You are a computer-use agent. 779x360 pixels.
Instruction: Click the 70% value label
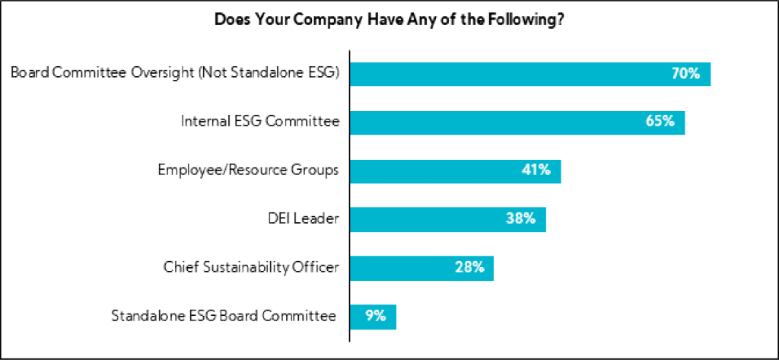(x=685, y=74)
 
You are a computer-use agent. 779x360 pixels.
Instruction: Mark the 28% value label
(x=469, y=267)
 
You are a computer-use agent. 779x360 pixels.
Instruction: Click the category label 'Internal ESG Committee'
(x=259, y=122)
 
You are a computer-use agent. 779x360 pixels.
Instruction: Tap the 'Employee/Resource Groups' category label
(x=248, y=170)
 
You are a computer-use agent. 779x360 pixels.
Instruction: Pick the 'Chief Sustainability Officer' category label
(x=251, y=267)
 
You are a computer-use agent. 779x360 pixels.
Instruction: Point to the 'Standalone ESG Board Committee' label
(x=224, y=316)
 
